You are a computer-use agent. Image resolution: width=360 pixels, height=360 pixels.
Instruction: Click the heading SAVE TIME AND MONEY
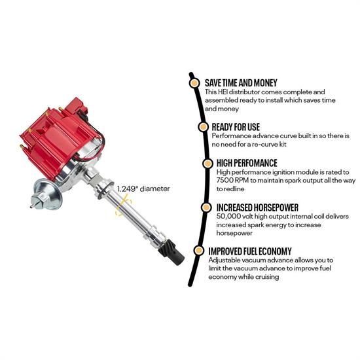(241, 83)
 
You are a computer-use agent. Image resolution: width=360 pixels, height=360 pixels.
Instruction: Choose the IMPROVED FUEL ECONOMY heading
(250, 250)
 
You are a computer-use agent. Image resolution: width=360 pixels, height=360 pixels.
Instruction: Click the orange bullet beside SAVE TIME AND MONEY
(194, 83)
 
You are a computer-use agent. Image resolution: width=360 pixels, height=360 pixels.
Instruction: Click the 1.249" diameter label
(143, 189)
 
